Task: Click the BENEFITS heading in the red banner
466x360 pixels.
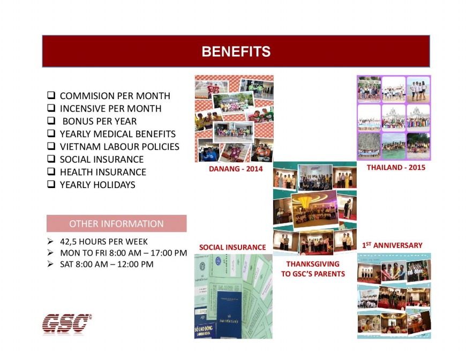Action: pyautogui.click(x=236, y=51)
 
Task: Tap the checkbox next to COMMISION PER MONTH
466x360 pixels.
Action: pyautogui.click(x=51, y=96)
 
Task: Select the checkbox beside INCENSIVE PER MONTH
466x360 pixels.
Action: pyautogui.click(x=51, y=109)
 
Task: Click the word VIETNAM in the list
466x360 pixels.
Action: pyautogui.click(x=80, y=147)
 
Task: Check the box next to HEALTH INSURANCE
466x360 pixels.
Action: pyautogui.click(x=51, y=172)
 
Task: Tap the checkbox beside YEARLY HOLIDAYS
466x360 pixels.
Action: pyautogui.click(x=51, y=185)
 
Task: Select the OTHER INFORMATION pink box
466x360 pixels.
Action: pyautogui.click(x=116, y=223)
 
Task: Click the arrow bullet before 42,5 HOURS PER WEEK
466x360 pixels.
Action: pyautogui.click(x=50, y=242)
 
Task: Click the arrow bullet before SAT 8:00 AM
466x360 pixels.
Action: pyautogui.click(x=50, y=264)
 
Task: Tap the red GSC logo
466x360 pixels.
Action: pyautogui.click(x=67, y=324)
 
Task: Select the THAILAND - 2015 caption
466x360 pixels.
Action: pyautogui.click(x=395, y=168)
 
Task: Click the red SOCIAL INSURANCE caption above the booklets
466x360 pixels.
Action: pyautogui.click(x=232, y=247)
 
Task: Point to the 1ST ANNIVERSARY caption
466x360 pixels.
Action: pyautogui.click(x=392, y=245)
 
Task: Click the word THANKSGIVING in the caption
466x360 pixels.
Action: pyautogui.click(x=313, y=264)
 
